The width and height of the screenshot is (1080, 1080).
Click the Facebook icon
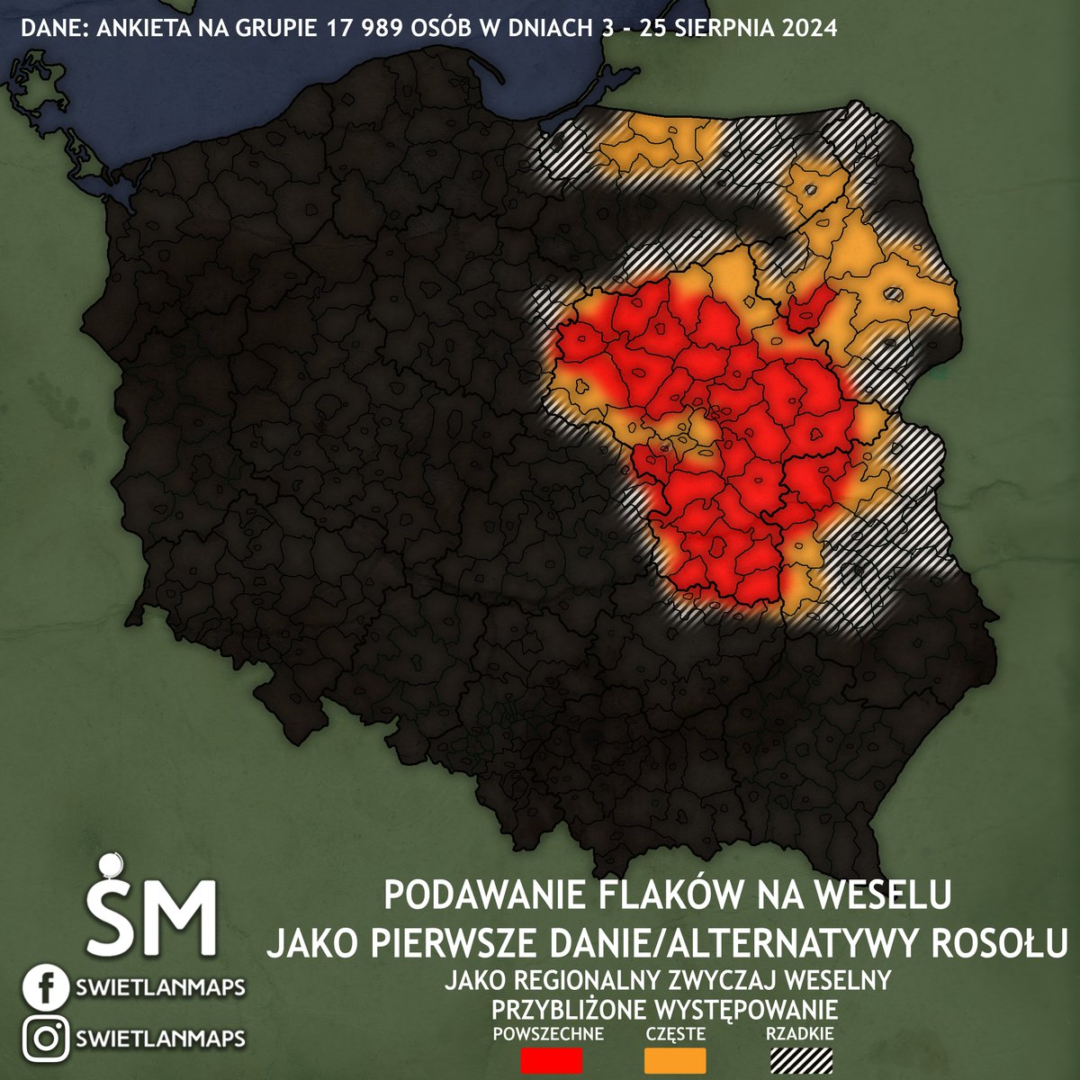point(43,987)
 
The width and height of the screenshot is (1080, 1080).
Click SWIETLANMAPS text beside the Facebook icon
point(161,988)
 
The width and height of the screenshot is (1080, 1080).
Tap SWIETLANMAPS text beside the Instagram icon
point(161,1039)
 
